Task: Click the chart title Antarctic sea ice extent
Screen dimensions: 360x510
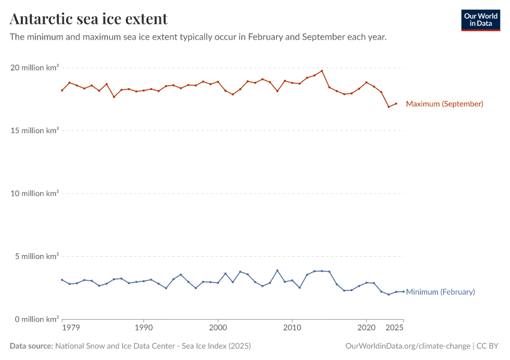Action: [x=89, y=19]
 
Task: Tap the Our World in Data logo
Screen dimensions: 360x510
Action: [x=480, y=20]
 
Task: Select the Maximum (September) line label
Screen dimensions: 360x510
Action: [x=444, y=104]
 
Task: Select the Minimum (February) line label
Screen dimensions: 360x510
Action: [x=440, y=292]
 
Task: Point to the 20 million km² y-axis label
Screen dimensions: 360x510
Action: [x=34, y=68]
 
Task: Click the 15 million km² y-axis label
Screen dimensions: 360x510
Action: [x=34, y=131]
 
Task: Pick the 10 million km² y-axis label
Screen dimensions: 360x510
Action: [x=34, y=194]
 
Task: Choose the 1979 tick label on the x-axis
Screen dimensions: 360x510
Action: [x=71, y=328]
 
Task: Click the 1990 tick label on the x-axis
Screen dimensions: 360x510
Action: [x=143, y=328]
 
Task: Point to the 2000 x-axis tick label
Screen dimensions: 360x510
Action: [x=218, y=328]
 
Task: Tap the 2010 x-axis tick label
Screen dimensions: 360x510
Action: [x=292, y=328]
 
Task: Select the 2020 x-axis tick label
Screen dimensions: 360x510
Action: [x=366, y=328]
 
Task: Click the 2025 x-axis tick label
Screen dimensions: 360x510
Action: [x=394, y=328]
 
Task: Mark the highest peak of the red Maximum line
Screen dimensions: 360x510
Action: [x=322, y=71]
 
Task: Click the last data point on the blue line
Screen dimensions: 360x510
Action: [x=403, y=292]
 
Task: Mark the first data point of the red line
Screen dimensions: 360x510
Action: [x=62, y=91]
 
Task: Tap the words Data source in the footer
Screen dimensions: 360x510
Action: [x=31, y=346]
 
